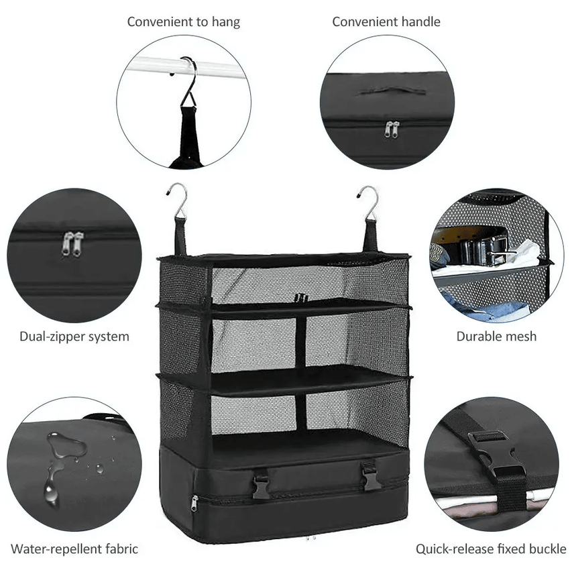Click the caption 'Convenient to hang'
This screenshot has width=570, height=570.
pos(183,21)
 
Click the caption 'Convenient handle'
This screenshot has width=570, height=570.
pos(386,21)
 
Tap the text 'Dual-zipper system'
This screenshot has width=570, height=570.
pos(74,337)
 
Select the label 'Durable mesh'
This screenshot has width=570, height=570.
pos(496,337)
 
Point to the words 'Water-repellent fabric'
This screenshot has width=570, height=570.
pos(74,549)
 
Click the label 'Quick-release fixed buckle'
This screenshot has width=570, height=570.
pos(491,549)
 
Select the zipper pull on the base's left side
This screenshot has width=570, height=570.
pos(194,502)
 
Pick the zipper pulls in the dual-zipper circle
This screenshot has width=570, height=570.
pos(72,243)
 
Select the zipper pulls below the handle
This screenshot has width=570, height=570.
pos(392,129)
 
